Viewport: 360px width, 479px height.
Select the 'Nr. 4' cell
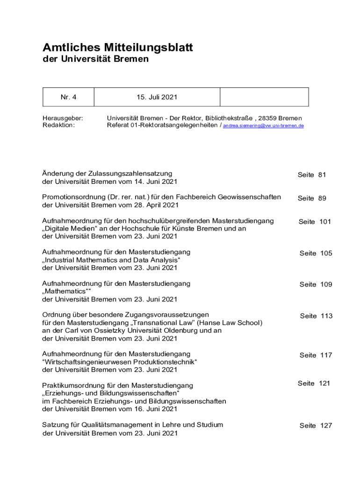pos(68,97)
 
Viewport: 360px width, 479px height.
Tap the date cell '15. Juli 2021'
pos(157,97)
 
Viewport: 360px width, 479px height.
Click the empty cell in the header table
pos(264,97)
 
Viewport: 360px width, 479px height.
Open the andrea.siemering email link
pos(263,126)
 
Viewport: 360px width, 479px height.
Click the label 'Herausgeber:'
pos(63,118)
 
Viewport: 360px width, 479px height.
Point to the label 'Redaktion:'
pos(58,125)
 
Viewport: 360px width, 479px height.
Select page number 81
pos(322,175)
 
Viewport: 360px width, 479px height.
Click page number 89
pos(322,198)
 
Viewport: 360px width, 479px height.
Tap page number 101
pos(325,222)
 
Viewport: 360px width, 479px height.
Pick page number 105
pos(326,253)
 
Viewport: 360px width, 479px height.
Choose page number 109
pos(326,284)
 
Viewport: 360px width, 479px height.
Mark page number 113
pos(326,316)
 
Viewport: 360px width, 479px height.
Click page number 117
pos(326,355)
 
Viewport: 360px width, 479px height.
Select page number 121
pos(324,383)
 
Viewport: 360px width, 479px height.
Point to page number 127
pos(326,425)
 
